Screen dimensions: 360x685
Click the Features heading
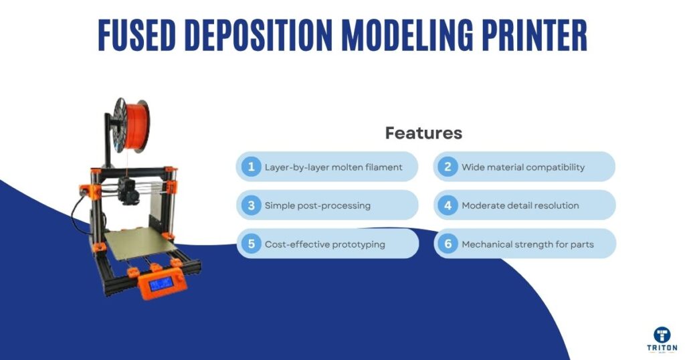423,133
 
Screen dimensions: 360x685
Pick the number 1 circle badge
251,167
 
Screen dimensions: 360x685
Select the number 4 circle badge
448,205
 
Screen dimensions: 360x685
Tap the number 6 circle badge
448,244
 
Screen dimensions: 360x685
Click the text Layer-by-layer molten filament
333,167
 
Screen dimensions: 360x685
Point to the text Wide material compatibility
523,167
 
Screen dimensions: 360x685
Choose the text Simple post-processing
317,205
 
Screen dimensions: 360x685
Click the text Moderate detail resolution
520,205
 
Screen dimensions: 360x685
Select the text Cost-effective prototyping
324,244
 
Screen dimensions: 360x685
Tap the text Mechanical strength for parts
528,244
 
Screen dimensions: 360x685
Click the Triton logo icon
662,335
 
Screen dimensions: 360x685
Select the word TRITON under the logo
662,349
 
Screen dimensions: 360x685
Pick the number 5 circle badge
251,244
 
